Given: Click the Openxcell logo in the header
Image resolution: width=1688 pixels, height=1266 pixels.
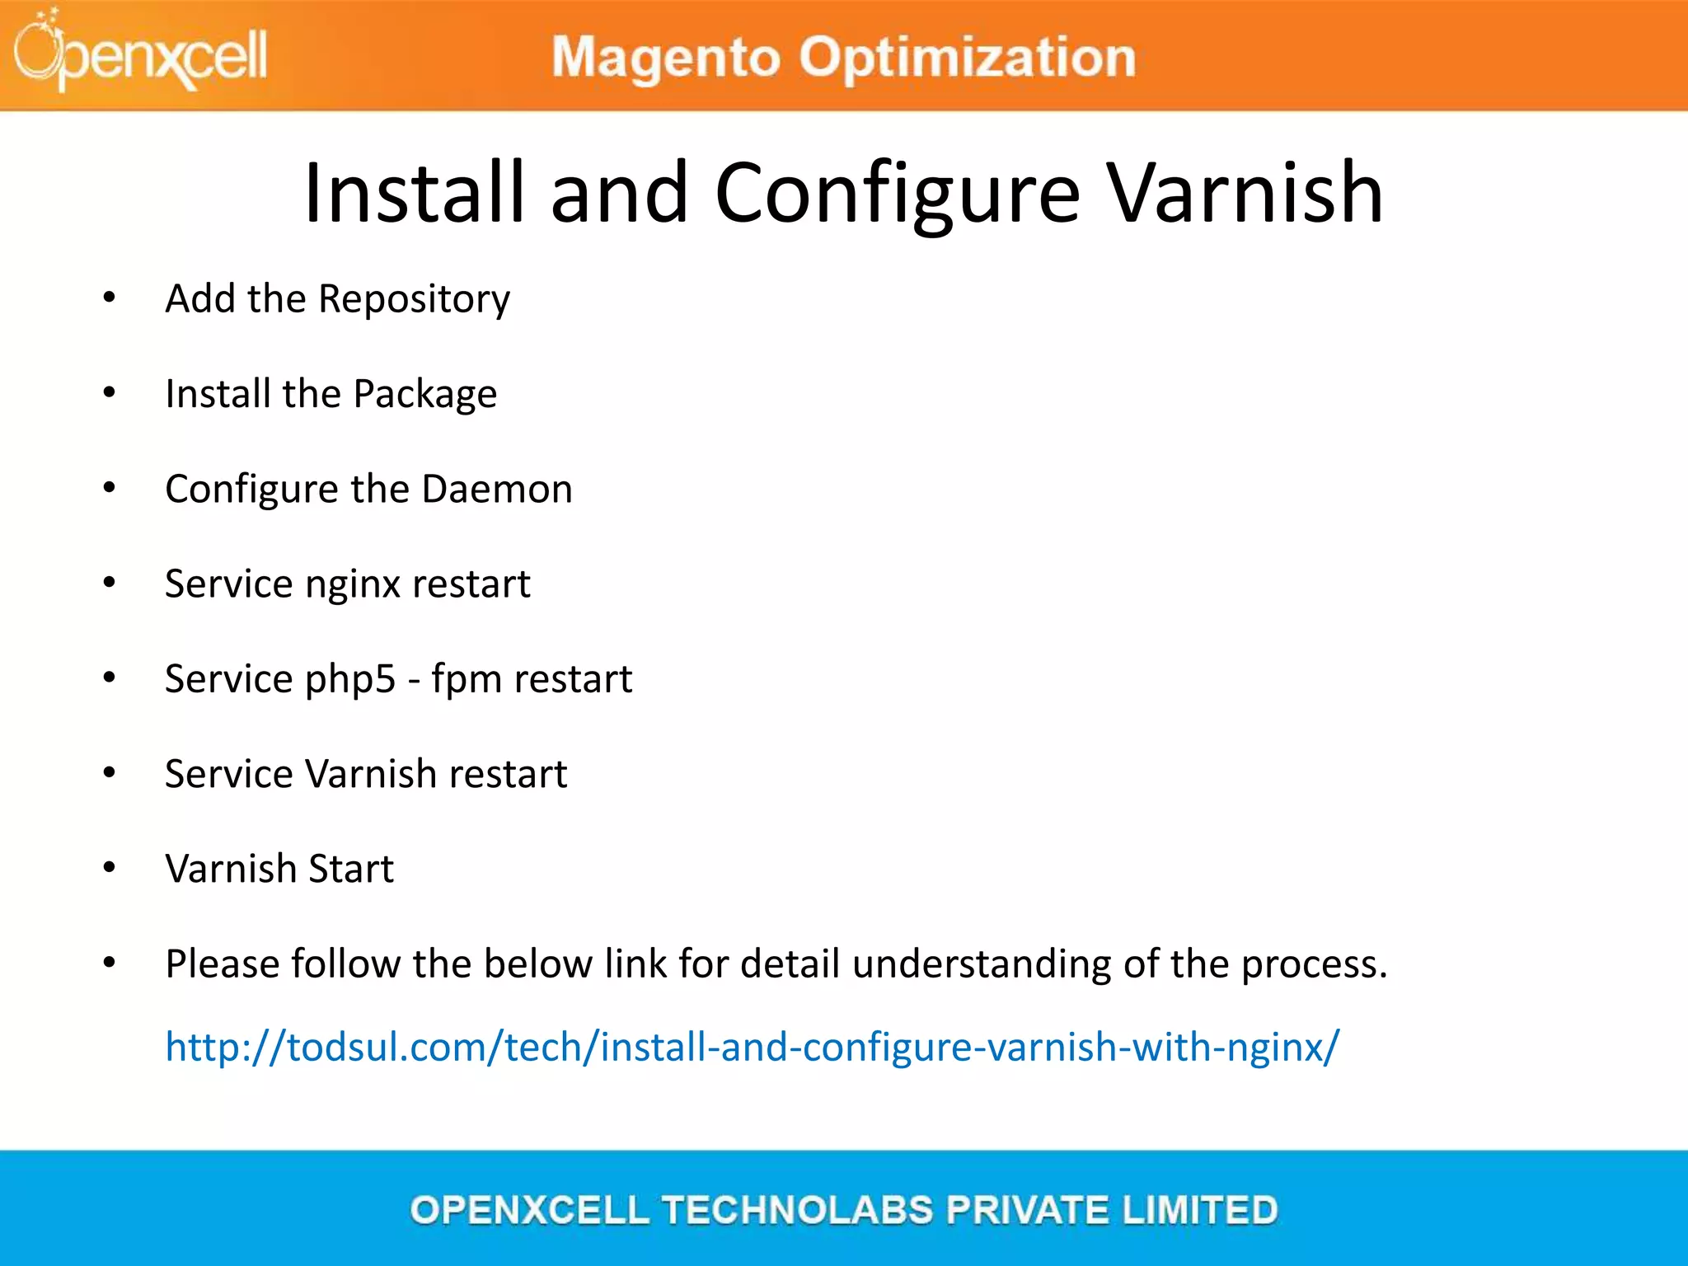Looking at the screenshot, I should click(x=140, y=54).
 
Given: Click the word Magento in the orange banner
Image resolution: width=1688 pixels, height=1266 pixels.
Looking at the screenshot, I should click(x=665, y=58).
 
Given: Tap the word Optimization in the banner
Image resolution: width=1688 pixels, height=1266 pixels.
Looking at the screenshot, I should click(x=968, y=58).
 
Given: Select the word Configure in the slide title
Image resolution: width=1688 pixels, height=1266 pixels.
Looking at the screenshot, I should click(x=897, y=193).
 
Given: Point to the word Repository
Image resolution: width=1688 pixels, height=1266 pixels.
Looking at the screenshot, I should click(x=414, y=298).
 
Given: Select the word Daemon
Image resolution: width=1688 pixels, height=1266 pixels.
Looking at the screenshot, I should click(x=496, y=489).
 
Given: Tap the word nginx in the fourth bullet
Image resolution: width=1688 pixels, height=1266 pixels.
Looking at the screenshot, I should click(x=352, y=584).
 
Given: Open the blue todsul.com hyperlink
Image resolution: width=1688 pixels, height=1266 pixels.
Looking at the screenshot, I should click(x=752, y=1047).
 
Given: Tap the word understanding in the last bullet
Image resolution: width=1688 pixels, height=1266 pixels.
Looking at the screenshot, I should click(x=981, y=964).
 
